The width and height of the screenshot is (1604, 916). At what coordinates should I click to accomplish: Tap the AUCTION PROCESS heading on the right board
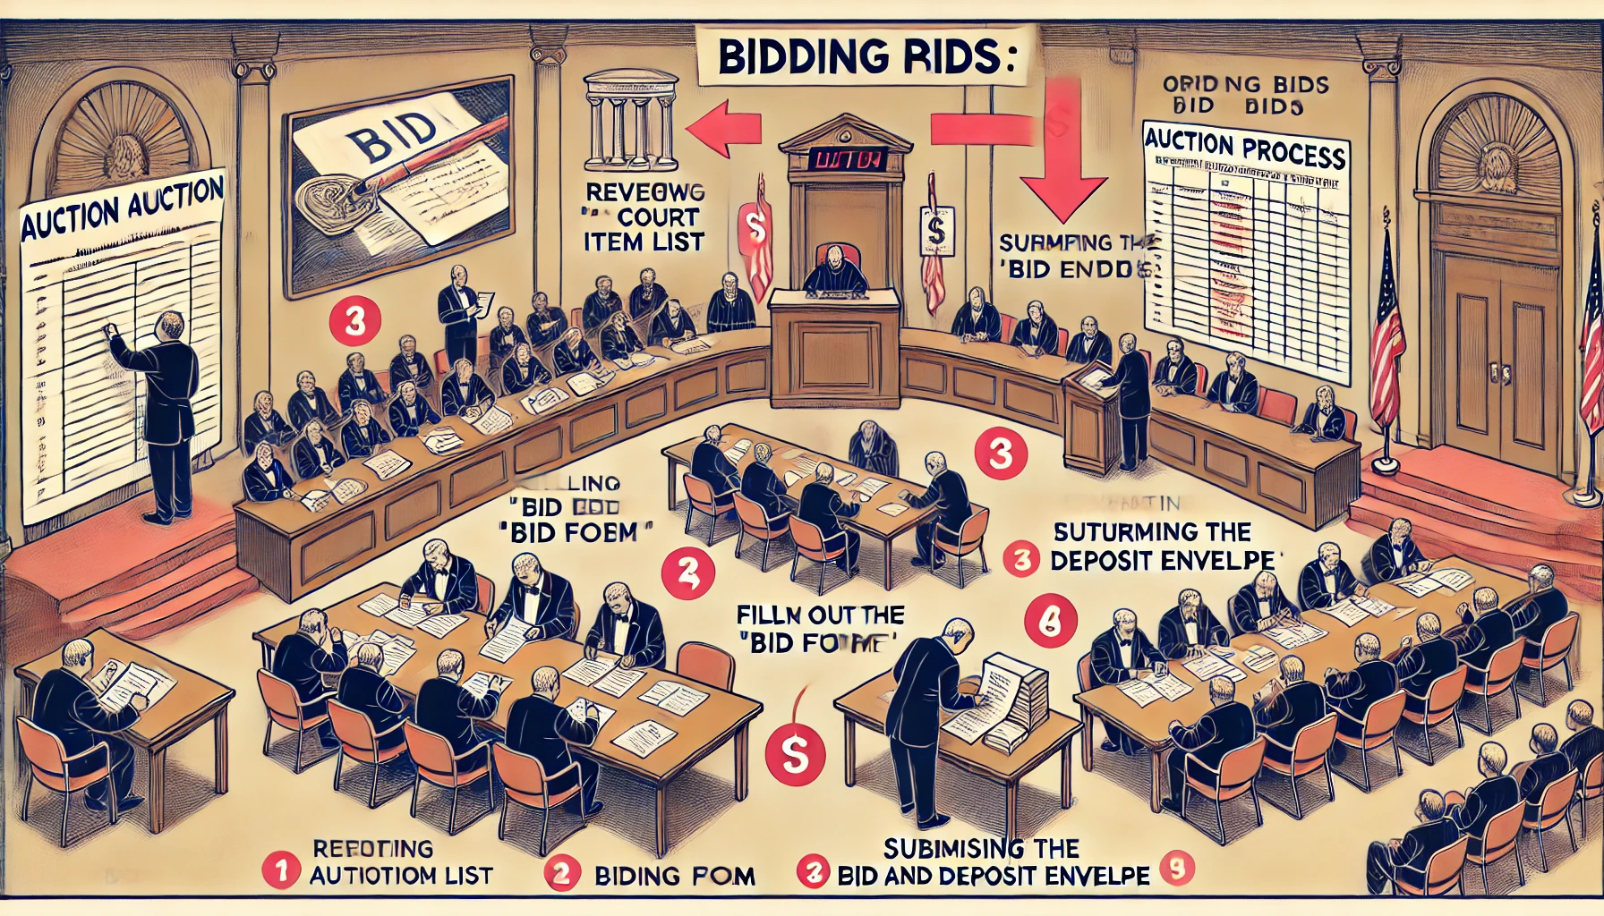click(x=1245, y=148)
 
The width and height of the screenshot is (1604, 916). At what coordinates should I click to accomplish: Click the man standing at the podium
click(x=1130, y=403)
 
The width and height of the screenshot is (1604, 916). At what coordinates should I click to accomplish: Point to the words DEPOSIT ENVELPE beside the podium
click(x=1162, y=561)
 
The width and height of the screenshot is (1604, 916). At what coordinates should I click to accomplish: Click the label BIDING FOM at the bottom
click(x=674, y=876)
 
